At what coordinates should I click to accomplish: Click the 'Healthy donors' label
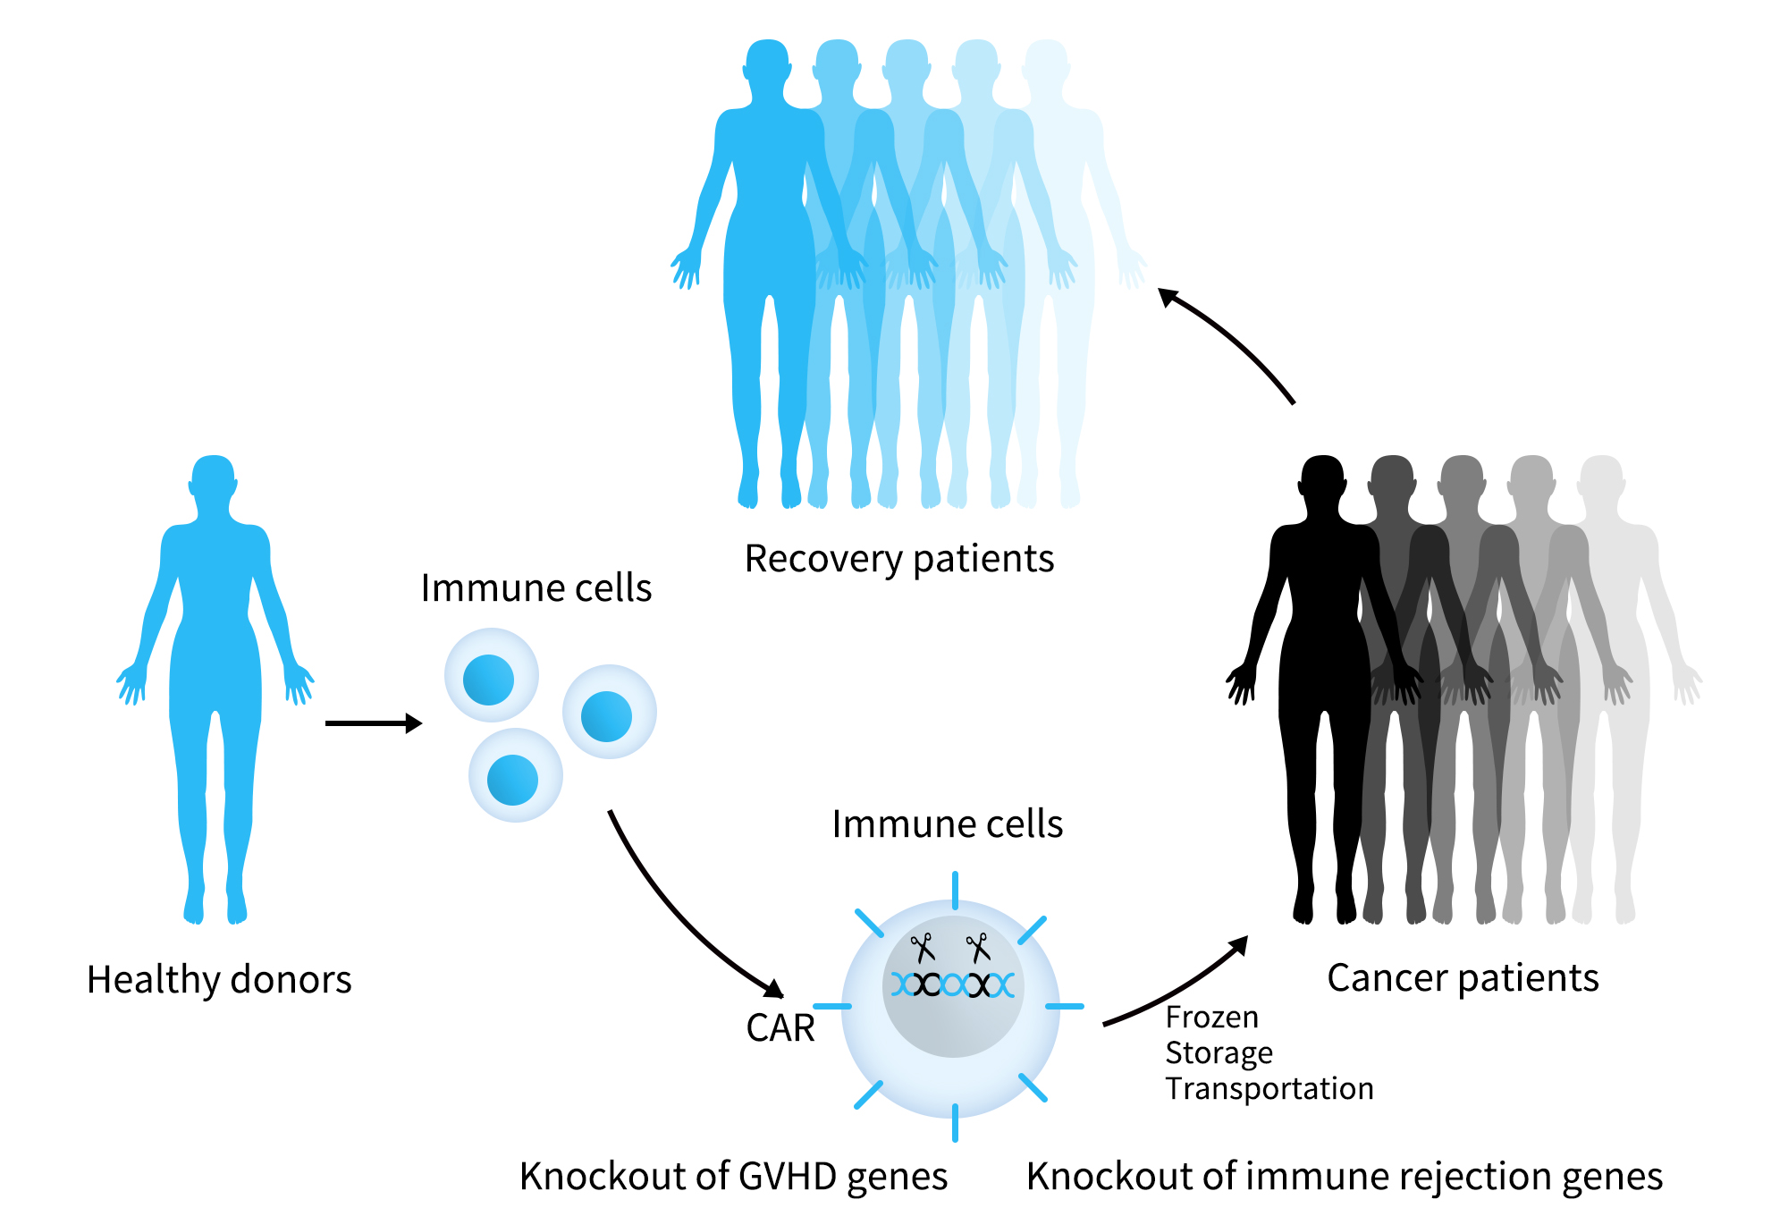(x=219, y=979)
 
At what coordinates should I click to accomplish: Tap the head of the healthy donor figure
(x=213, y=481)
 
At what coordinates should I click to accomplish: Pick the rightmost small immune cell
(x=609, y=713)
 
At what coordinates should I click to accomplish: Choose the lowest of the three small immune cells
(x=515, y=776)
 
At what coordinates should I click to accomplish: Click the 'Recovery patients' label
(x=899, y=559)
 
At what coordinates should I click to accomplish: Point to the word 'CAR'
(x=780, y=1027)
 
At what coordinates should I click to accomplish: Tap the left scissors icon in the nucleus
(x=923, y=947)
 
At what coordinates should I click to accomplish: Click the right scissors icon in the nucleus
(x=978, y=947)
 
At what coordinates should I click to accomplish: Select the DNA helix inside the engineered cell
(x=953, y=985)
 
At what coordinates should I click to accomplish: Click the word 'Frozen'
(x=1211, y=1018)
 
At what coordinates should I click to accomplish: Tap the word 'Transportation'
(x=1269, y=1089)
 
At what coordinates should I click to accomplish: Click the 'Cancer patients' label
(x=1463, y=978)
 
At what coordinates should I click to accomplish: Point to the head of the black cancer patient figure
(x=1322, y=481)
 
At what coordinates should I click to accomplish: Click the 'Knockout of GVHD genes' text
(x=733, y=1176)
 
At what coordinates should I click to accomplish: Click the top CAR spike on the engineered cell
(x=955, y=890)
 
